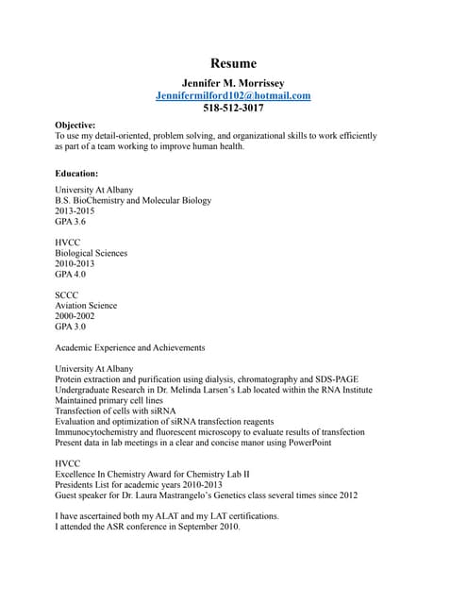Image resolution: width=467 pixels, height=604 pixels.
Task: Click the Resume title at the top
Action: click(x=233, y=63)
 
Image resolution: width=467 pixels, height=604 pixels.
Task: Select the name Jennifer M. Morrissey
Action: click(x=233, y=83)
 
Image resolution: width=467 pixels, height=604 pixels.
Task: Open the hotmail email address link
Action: click(x=233, y=95)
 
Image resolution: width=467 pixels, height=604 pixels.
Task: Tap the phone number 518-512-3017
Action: click(x=233, y=109)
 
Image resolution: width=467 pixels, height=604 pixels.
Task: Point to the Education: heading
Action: click(x=76, y=174)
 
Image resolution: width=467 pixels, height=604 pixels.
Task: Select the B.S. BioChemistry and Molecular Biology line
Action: click(x=133, y=200)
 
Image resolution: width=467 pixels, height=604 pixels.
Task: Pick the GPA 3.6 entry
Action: click(x=71, y=222)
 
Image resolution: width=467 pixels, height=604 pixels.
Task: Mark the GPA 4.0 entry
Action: click(x=71, y=274)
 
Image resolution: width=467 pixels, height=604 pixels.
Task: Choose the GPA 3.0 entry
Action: click(x=71, y=327)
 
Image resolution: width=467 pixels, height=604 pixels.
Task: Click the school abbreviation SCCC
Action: click(x=68, y=295)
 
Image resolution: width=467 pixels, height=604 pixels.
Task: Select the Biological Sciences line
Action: click(x=91, y=253)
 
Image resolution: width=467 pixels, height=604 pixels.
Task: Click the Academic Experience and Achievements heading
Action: click(x=130, y=347)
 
